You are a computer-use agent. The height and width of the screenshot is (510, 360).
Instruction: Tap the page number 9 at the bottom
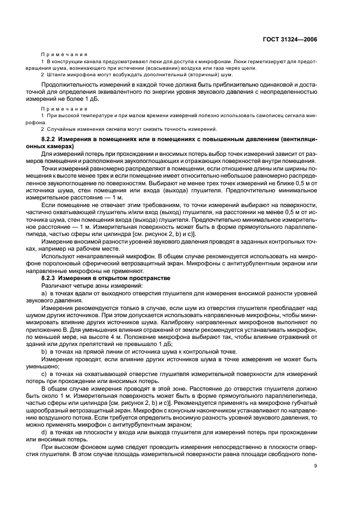pos(316,480)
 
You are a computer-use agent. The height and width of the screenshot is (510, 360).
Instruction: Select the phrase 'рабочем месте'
pos(87,250)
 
